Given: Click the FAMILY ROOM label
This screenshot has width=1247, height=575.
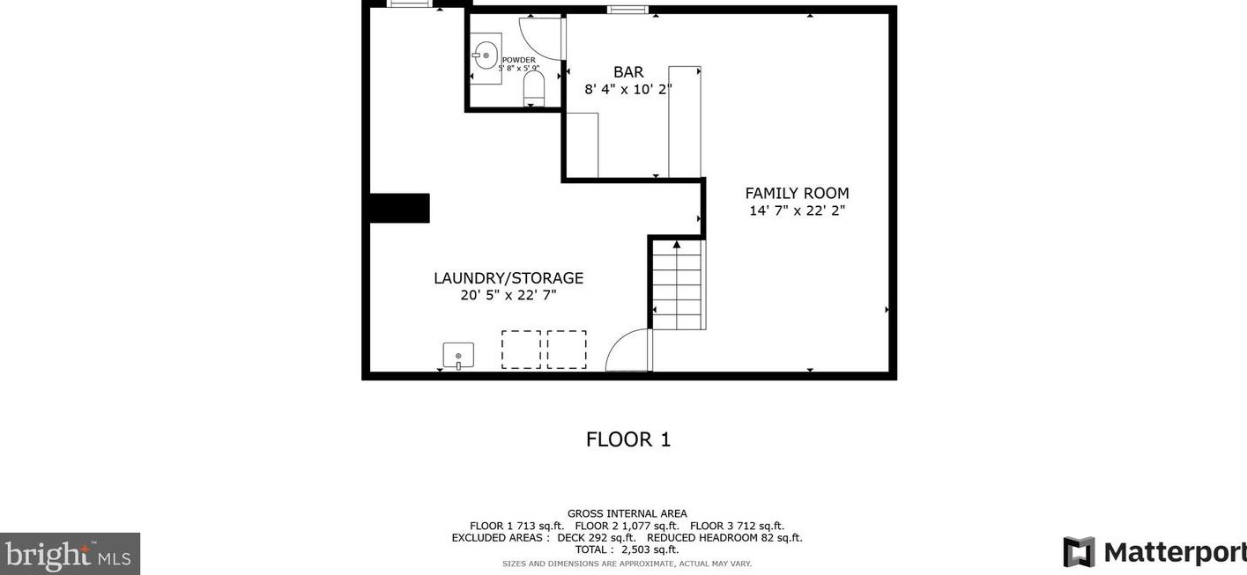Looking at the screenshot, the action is pyautogui.click(x=798, y=193).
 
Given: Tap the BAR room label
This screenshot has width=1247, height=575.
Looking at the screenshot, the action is pyautogui.click(x=628, y=71).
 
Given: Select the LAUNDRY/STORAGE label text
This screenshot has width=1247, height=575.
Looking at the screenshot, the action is pyautogui.click(x=508, y=278).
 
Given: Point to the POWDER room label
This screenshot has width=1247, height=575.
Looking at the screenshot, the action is pyautogui.click(x=519, y=60).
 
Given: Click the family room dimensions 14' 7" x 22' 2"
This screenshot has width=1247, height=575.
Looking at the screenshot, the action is pyautogui.click(x=798, y=210).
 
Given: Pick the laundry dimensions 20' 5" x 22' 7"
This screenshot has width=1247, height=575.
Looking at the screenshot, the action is pyautogui.click(x=508, y=295).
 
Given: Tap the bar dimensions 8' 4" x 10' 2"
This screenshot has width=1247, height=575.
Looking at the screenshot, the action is pyautogui.click(x=628, y=89).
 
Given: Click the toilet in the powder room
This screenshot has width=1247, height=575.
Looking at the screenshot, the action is pyautogui.click(x=534, y=88).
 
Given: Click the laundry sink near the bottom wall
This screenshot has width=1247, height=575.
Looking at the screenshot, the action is pyautogui.click(x=458, y=356).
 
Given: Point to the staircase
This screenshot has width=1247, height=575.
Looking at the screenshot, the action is pyautogui.click(x=678, y=284).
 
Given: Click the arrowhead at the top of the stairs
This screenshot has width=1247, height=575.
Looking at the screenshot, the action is pyautogui.click(x=677, y=244).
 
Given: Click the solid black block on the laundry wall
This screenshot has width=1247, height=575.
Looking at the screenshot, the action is pyautogui.click(x=399, y=208).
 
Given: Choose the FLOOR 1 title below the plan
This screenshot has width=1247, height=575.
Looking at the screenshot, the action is pyautogui.click(x=628, y=440).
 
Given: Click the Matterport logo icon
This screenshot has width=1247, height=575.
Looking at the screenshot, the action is pyautogui.click(x=1079, y=552).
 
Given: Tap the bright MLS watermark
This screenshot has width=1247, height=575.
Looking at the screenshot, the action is pyautogui.click(x=70, y=554).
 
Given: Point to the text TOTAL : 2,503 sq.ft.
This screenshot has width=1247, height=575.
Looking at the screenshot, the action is pyautogui.click(x=627, y=550).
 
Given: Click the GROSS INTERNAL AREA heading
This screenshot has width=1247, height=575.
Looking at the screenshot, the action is pyautogui.click(x=627, y=514).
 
